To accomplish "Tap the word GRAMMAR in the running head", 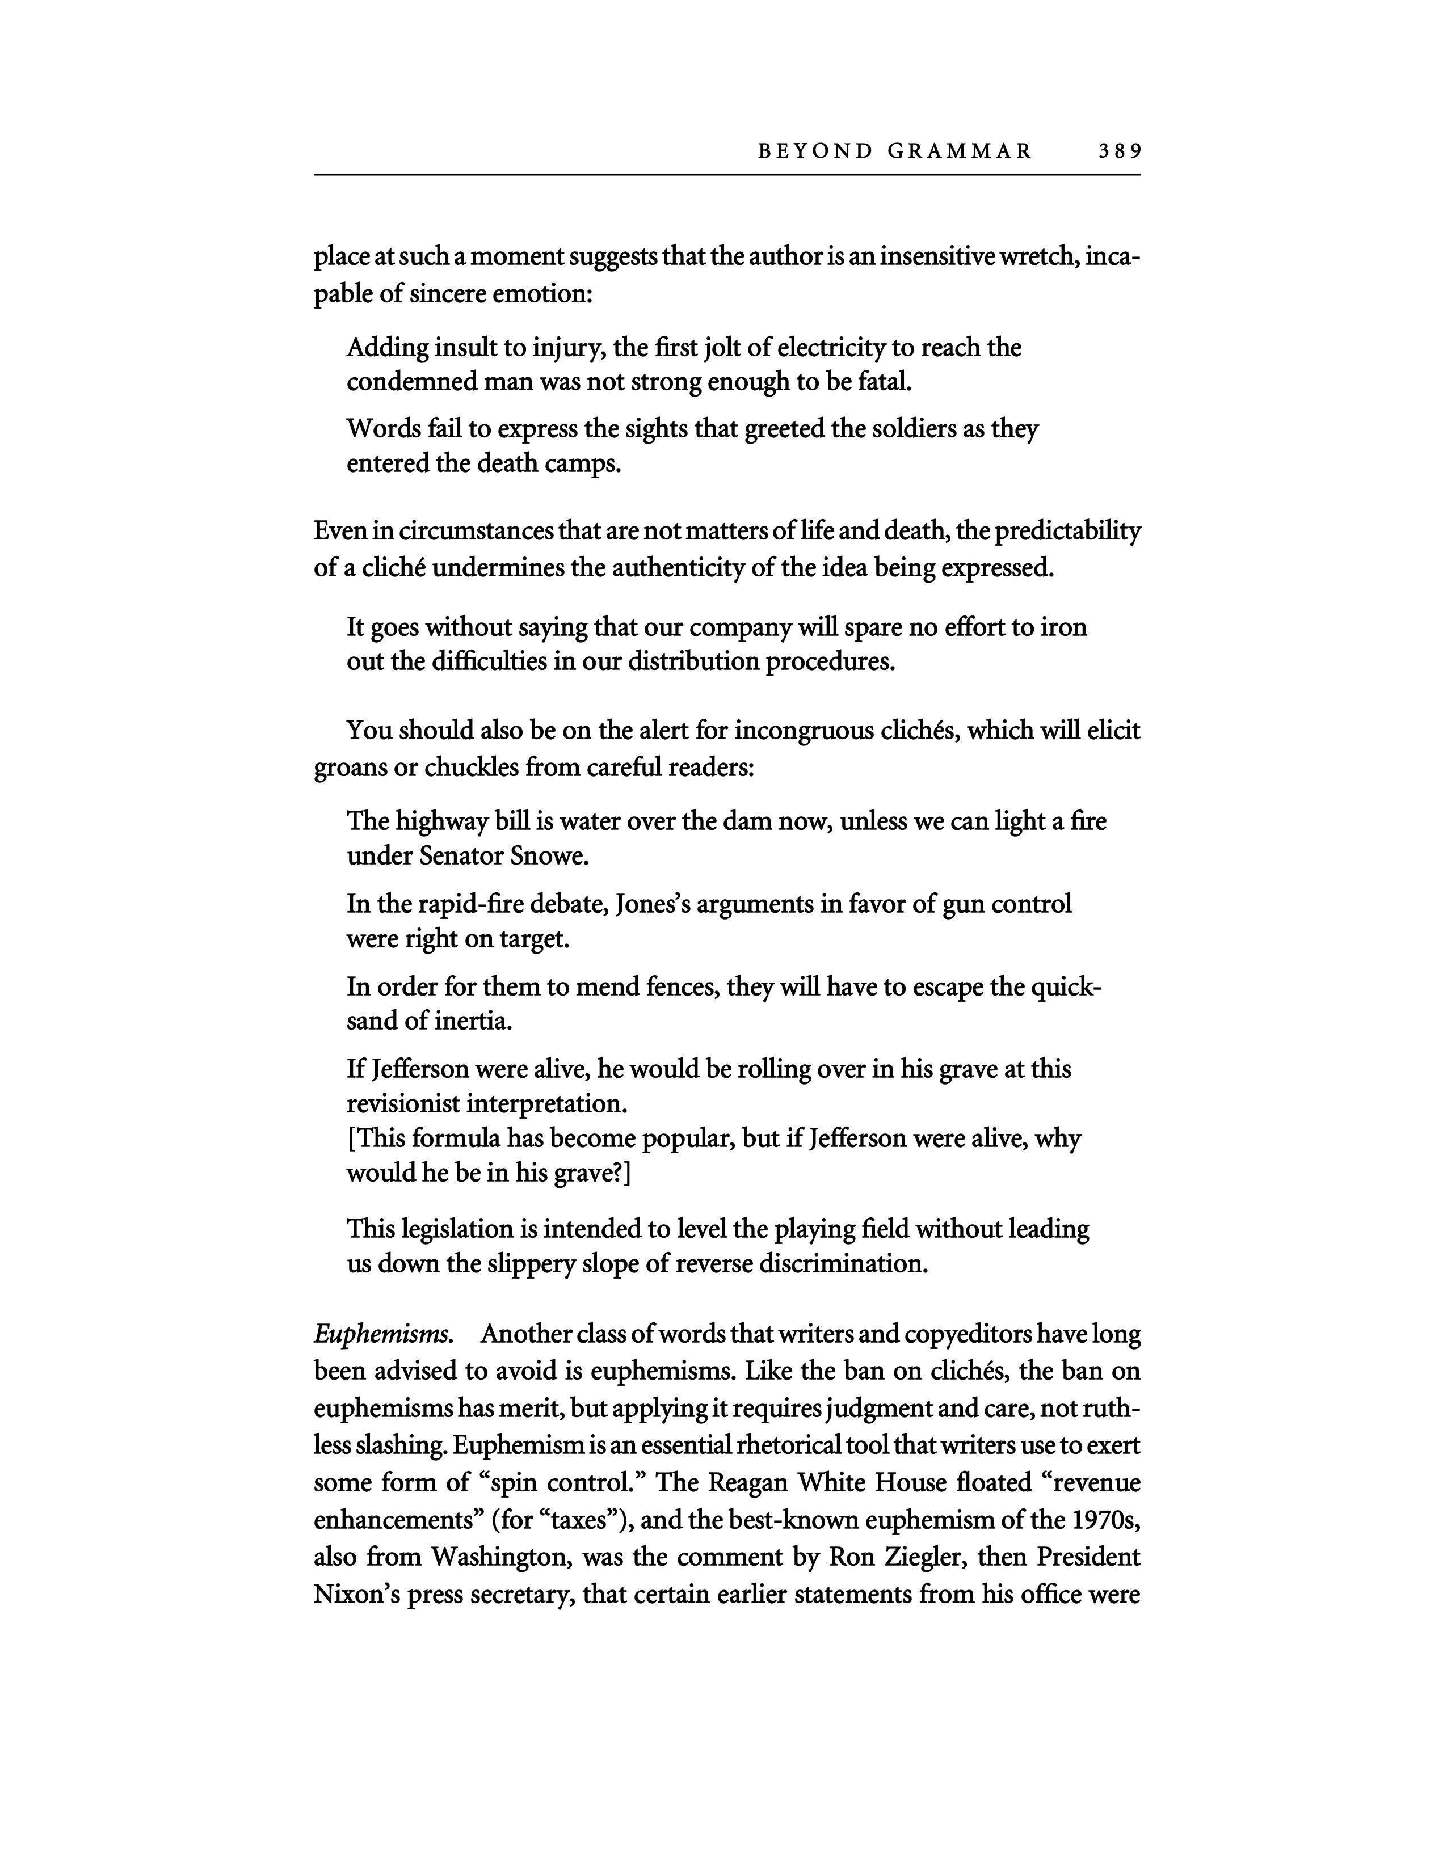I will point(960,151).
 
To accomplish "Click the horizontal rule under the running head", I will point(727,175).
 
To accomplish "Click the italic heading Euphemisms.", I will point(382,1335).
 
